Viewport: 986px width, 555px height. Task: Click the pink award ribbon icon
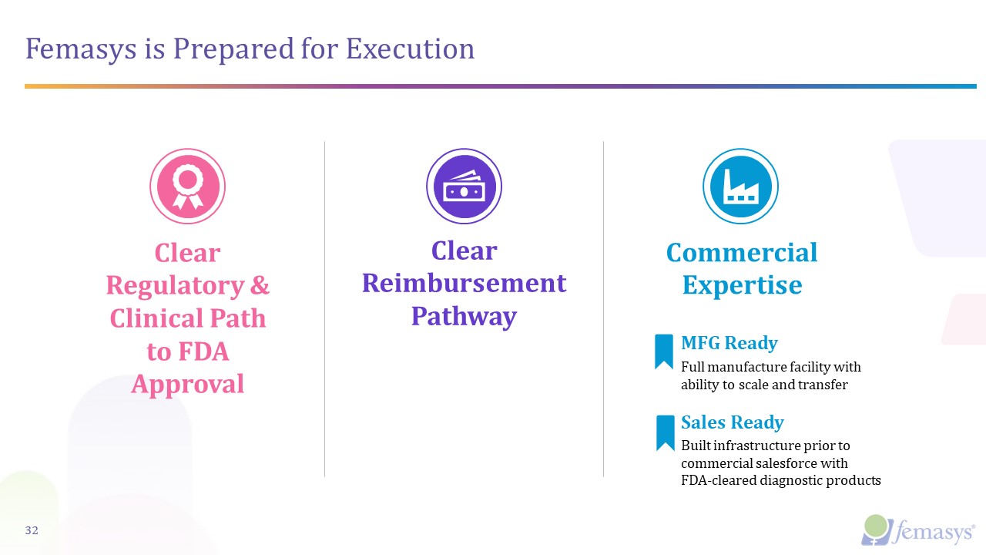coord(187,187)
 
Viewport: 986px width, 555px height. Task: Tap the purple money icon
coord(464,187)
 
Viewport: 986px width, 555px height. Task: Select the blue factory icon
coord(740,187)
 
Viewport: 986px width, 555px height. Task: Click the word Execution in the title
coord(410,49)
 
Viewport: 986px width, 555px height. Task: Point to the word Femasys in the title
coord(72,49)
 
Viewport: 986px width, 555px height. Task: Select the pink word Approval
coord(187,383)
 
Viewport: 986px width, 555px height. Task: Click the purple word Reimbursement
coord(464,283)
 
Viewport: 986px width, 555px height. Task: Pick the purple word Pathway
coord(464,316)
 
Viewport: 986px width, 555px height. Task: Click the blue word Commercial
coord(742,252)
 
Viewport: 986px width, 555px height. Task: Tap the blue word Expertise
coord(742,285)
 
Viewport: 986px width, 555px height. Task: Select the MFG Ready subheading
coord(729,343)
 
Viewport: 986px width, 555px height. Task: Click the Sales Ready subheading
coord(732,422)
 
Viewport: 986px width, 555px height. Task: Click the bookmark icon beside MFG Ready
coord(664,351)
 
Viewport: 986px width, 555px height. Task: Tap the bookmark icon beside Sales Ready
coord(665,432)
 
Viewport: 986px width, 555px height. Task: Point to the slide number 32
coord(32,530)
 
